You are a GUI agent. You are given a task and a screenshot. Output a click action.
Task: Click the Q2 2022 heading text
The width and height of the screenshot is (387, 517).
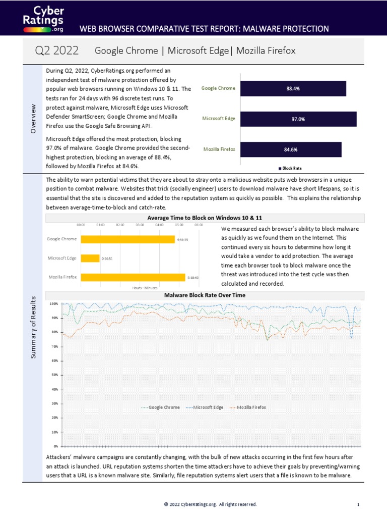(56, 50)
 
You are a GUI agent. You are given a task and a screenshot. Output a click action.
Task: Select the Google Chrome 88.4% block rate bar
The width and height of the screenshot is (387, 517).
(293, 88)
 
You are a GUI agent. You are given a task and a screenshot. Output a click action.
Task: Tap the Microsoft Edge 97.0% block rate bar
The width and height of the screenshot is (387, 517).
(298, 119)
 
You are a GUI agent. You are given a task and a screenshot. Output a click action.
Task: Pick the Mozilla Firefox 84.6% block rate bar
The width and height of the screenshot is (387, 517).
(291, 149)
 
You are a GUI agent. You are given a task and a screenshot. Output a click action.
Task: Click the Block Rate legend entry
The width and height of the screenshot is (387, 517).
(290, 168)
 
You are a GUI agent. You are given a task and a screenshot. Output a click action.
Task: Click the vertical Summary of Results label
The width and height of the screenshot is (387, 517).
(34, 328)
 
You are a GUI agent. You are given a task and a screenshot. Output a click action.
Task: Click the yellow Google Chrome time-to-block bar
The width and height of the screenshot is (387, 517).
(127, 239)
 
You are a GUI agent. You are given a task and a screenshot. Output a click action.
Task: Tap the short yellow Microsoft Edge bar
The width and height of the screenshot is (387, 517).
(90, 258)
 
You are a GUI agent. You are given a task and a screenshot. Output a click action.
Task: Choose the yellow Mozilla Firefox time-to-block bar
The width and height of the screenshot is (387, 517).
(133, 277)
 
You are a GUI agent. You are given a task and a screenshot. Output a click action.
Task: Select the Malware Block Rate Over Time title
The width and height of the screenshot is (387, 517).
(204, 295)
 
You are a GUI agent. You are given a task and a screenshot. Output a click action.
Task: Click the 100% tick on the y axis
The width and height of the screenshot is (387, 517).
(52, 304)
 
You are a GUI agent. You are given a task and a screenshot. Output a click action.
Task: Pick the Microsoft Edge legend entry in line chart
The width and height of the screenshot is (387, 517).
(206, 407)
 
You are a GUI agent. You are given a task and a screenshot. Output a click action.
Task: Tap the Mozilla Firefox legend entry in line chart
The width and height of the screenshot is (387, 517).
(248, 407)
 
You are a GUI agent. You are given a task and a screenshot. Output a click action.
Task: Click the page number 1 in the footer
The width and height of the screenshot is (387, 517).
(358, 504)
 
